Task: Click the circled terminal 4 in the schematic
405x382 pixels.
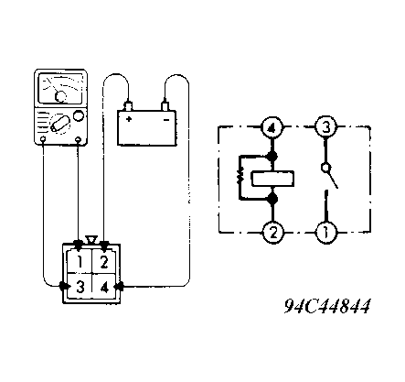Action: pyautogui.click(x=272, y=127)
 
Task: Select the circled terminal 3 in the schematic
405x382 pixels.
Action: pyautogui.click(x=325, y=127)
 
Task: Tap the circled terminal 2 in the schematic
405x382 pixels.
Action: pyautogui.click(x=273, y=233)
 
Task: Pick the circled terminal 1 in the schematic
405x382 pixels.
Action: pyautogui.click(x=325, y=233)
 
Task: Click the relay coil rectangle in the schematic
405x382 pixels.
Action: pyautogui.click(x=272, y=179)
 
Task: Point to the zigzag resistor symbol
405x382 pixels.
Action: pyautogui.click(x=240, y=177)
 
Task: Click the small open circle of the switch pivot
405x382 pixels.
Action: pyautogui.click(x=325, y=168)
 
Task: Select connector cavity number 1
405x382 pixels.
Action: pyautogui.click(x=80, y=262)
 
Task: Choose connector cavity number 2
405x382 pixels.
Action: pyautogui.click(x=104, y=262)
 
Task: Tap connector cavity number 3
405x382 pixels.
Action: pyautogui.click(x=80, y=286)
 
